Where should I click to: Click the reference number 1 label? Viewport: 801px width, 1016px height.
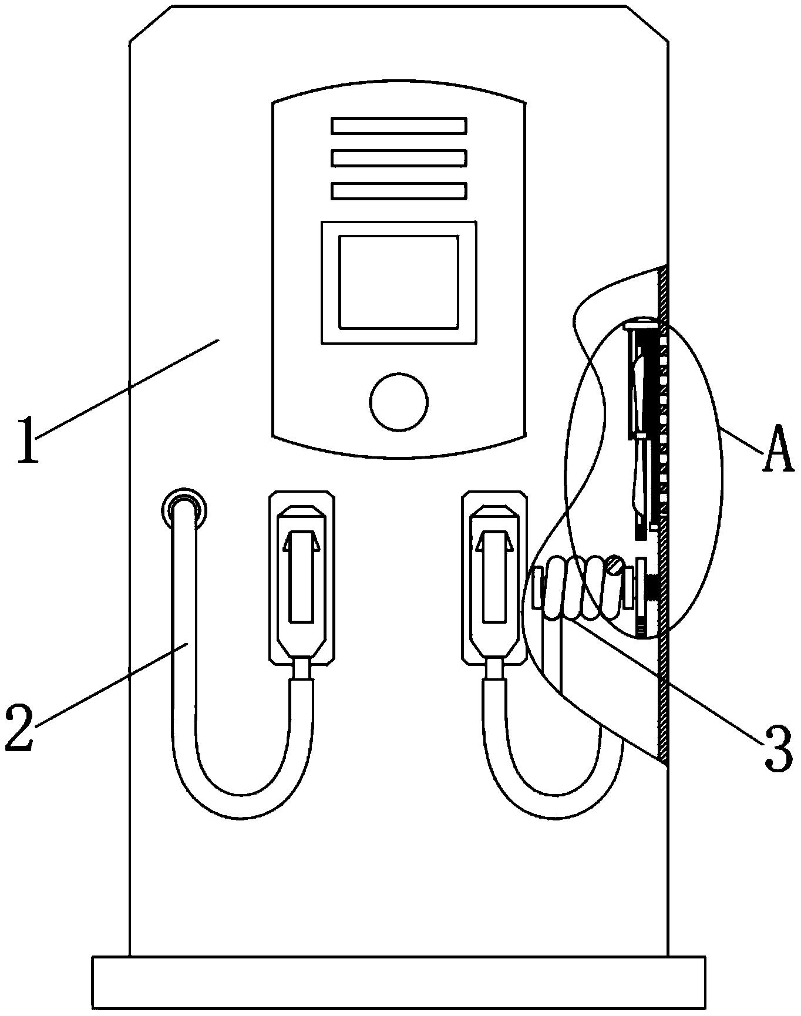point(28,440)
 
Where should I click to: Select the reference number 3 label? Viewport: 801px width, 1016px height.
point(779,749)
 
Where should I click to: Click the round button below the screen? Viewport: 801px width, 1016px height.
point(399,402)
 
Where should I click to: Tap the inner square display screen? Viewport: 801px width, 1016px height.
point(399,282)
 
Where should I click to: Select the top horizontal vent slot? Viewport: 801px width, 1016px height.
point(399,126)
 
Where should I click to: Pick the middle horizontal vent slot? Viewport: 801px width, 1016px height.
point(399,159)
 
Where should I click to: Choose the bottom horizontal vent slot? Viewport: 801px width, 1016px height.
point(399,191)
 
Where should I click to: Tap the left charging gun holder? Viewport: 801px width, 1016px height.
point(302,579)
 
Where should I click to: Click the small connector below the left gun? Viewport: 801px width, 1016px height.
point(301,668)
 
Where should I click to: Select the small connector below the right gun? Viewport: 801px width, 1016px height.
point(494,668)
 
